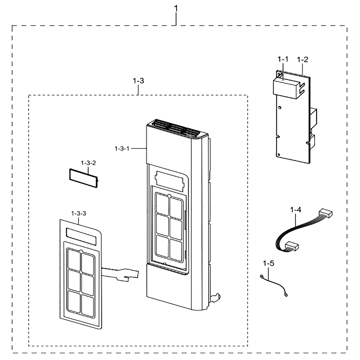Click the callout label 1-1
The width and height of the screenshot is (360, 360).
click(283, 59)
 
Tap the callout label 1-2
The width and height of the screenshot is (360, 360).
click(302, 59)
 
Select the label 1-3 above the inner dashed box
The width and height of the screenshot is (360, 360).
click(138, 81)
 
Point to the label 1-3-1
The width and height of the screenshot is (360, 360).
click(122, 149)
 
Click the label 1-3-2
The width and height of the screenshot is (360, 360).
click(88, 163)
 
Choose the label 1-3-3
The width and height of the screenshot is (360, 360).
click(78, 213)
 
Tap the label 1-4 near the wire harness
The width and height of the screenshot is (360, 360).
click(296, 210)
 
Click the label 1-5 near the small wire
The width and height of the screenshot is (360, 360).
click(269, 263)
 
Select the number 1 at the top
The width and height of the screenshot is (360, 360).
click(176, 9)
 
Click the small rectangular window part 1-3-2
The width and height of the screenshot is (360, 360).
click(84, 178)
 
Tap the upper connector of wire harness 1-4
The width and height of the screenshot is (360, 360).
click(325, 213)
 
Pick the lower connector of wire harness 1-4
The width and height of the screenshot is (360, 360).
click(291, 246)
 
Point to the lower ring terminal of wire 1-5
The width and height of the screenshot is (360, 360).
click(285, 295)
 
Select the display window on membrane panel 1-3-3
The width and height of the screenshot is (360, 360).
click(81, 237)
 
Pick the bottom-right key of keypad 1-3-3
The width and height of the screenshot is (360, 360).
click(87, 305)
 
